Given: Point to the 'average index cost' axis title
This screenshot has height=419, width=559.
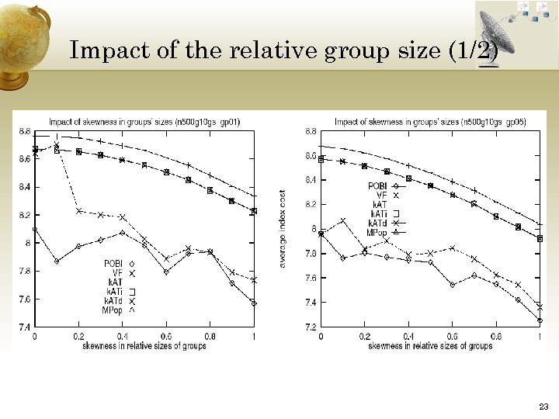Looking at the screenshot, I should point(283,229).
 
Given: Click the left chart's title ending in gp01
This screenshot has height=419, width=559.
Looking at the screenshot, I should point(144,122).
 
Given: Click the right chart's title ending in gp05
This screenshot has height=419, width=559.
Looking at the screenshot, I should point(430,122).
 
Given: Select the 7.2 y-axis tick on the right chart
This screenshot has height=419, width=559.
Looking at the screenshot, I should point(310,327).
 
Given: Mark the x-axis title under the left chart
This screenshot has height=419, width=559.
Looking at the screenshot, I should point(144,345).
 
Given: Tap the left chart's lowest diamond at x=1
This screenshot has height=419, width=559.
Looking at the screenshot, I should point(254,303).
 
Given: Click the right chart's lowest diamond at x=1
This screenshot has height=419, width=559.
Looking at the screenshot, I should point(539,320).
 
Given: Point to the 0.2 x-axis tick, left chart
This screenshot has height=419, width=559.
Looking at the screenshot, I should point(78,336).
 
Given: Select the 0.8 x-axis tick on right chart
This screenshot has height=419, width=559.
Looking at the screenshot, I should point(495,336).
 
